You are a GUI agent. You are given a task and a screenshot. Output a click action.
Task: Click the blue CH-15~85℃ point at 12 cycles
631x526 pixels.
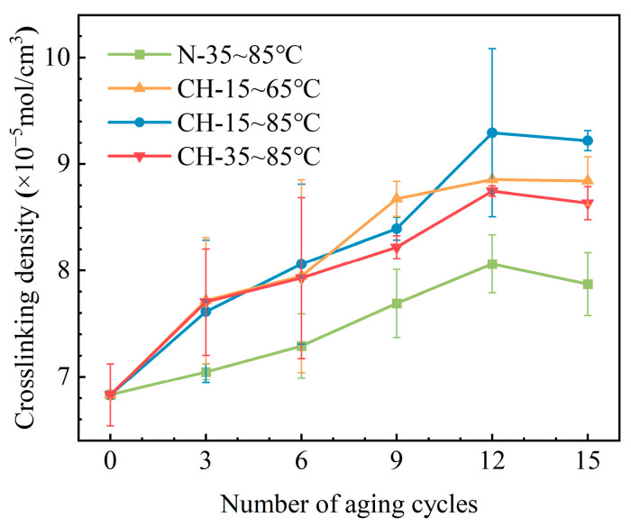(x=491, y=132)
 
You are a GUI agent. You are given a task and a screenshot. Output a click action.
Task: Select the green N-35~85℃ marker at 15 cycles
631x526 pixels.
(x=587, y=284)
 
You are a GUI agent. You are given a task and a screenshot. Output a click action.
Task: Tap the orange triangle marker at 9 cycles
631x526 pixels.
(x=397, y=198)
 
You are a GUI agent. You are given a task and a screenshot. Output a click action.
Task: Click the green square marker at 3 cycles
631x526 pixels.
(x=206, y=372)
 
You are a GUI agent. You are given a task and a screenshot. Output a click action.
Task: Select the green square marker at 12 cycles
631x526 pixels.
(x=491, y=264)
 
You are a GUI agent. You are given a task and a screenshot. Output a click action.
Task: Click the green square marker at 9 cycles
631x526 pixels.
(x=397, y=304)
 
